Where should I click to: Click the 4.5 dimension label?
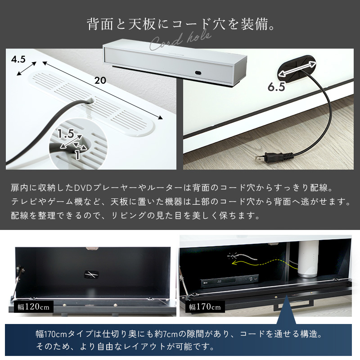pos(18,59)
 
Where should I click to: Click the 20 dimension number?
pos(100,81)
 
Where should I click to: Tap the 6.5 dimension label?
pos(276,87)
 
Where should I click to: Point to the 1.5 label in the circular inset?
pos(66,134)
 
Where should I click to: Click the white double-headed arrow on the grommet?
pos(297,68)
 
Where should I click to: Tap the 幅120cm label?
pos(33,307)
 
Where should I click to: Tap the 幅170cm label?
pos(205,307)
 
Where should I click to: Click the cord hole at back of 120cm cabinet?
pos(91,274)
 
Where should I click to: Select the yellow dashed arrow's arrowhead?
pos(234,263)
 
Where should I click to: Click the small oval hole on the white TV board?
pos(198,73)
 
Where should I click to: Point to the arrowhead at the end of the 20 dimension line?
pos(160,117)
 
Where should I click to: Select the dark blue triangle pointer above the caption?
pos(286,310)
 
